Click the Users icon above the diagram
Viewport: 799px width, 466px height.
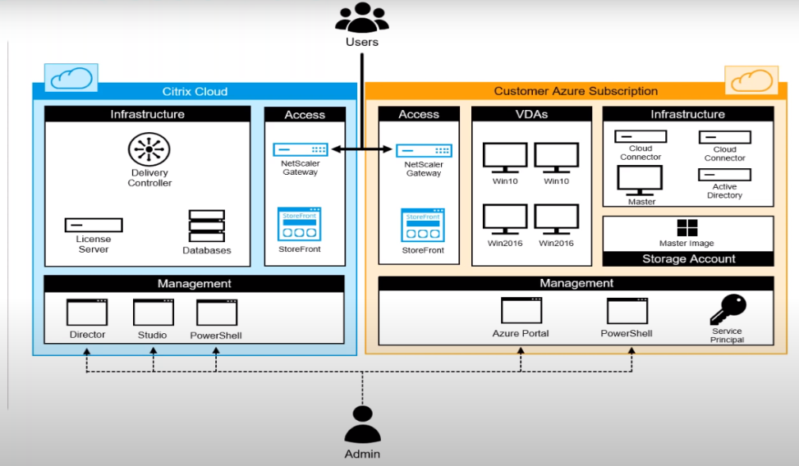[362, 18]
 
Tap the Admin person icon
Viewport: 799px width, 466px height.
[362, 424]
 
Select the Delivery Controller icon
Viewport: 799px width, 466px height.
[149, 149]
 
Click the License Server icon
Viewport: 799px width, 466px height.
[94, 225]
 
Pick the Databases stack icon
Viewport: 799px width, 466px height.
[206, 226]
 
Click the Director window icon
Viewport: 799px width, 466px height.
[87, 313]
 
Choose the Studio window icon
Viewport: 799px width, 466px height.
[153, 313]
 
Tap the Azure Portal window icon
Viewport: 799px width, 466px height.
[521, 311]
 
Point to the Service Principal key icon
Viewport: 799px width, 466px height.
[728, 310]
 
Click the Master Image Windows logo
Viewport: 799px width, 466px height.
[686, 227]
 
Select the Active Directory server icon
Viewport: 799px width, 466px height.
[724, 175]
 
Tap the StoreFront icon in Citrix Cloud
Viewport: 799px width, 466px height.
[299, 224]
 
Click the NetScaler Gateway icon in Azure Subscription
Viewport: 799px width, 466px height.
[424, 151]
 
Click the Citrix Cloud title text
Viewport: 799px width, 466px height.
[195, 91]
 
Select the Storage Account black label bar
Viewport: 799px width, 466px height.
[688, 259]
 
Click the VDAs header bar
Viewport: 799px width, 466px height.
[531, 114]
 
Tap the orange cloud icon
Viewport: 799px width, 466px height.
[751, 80]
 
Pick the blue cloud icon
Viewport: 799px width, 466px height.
[71, 78]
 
